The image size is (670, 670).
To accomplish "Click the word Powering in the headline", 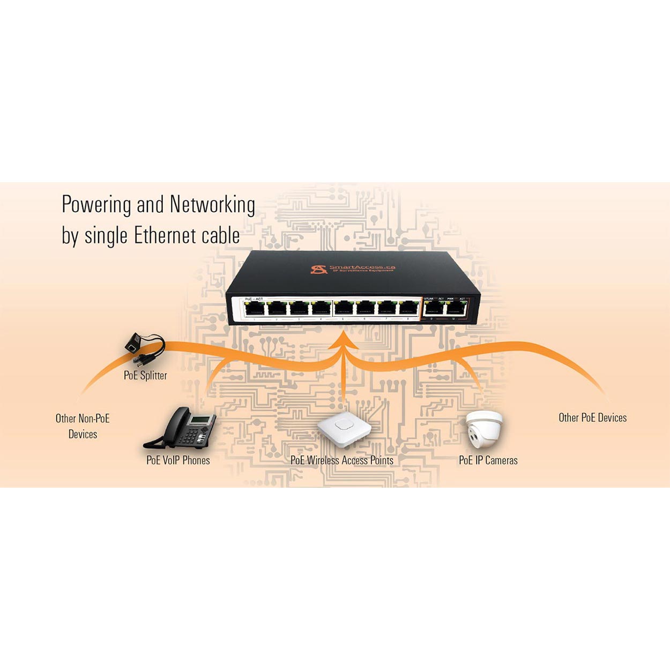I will [x=95, y=205].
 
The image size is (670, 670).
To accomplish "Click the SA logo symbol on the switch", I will [x=318, y=268].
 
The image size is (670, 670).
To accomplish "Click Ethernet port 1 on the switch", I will [x=254, y=308].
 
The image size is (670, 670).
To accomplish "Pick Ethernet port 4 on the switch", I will [x=321, y=308].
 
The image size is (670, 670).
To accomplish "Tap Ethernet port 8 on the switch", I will [x=408, y=308].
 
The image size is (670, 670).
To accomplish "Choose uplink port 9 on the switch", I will [x=434, y=308].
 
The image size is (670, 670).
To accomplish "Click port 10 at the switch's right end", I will [x=456, y=308].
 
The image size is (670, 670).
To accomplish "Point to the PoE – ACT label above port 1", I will [x=254, y=299].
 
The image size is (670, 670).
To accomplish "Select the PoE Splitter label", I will [x=145, y=375].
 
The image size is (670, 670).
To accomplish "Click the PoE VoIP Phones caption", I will [x=178, y=460].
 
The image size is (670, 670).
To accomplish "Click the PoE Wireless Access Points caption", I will [x=342, y=460].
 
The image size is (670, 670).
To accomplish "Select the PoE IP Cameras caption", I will [x=488, y=460].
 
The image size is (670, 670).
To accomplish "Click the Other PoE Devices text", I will [x=592, y=418].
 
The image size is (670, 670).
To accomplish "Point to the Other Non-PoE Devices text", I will [x=83, y=426].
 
